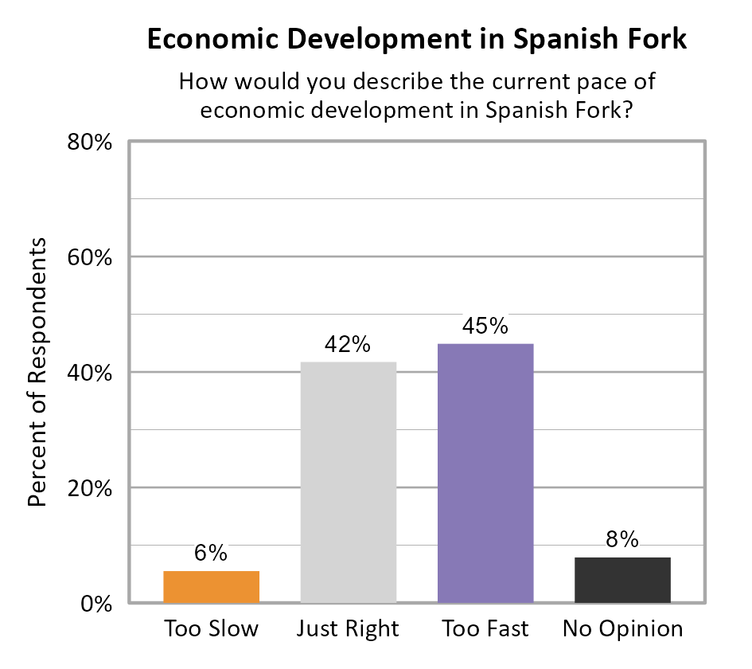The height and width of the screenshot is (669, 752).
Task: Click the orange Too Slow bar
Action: tap(211, 587)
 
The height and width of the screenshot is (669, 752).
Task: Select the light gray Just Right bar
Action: tap(348, 482)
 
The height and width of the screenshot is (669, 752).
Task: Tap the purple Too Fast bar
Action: tap(485, 473)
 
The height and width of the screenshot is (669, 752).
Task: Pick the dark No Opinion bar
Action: tap(622, 580)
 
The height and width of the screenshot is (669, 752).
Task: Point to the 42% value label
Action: tap(348, 345)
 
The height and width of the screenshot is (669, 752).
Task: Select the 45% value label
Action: tap(485, 327)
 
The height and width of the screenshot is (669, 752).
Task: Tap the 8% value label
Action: tap(622, 540)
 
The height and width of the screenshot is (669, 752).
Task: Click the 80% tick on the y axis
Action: tap(88, 143)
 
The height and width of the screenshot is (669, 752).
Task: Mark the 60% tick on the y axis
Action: tap(88, 258)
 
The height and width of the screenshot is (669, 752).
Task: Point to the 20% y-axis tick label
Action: tap(88, 488)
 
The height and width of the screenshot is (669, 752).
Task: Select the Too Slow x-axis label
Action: tap(211, 628)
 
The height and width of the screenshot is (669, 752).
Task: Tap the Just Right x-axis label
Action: tap(348, 628)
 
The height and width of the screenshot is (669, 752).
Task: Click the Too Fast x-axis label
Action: tap(485, 628)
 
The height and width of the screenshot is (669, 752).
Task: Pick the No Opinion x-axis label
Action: tap(622, 628)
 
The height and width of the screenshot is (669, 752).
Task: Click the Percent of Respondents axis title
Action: tap(37, 372)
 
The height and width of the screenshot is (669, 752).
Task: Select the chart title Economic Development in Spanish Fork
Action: tap(416, 40)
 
